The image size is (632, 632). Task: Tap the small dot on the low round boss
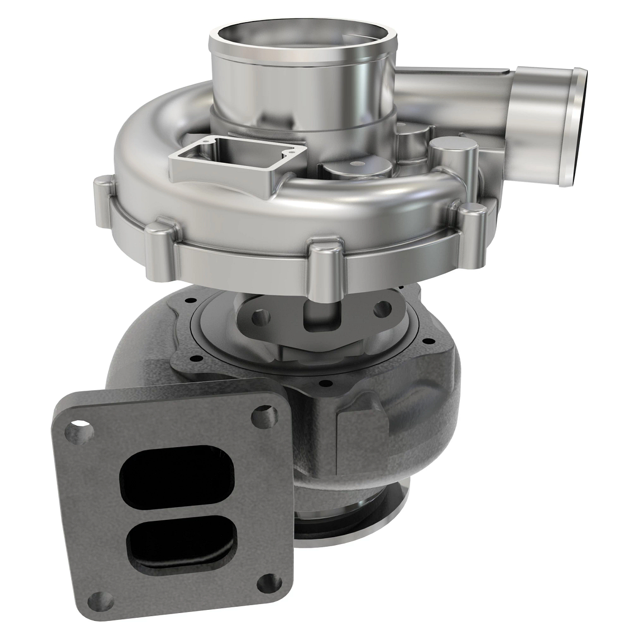coord(359,164)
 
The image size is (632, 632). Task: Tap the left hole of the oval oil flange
coord(260,318)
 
